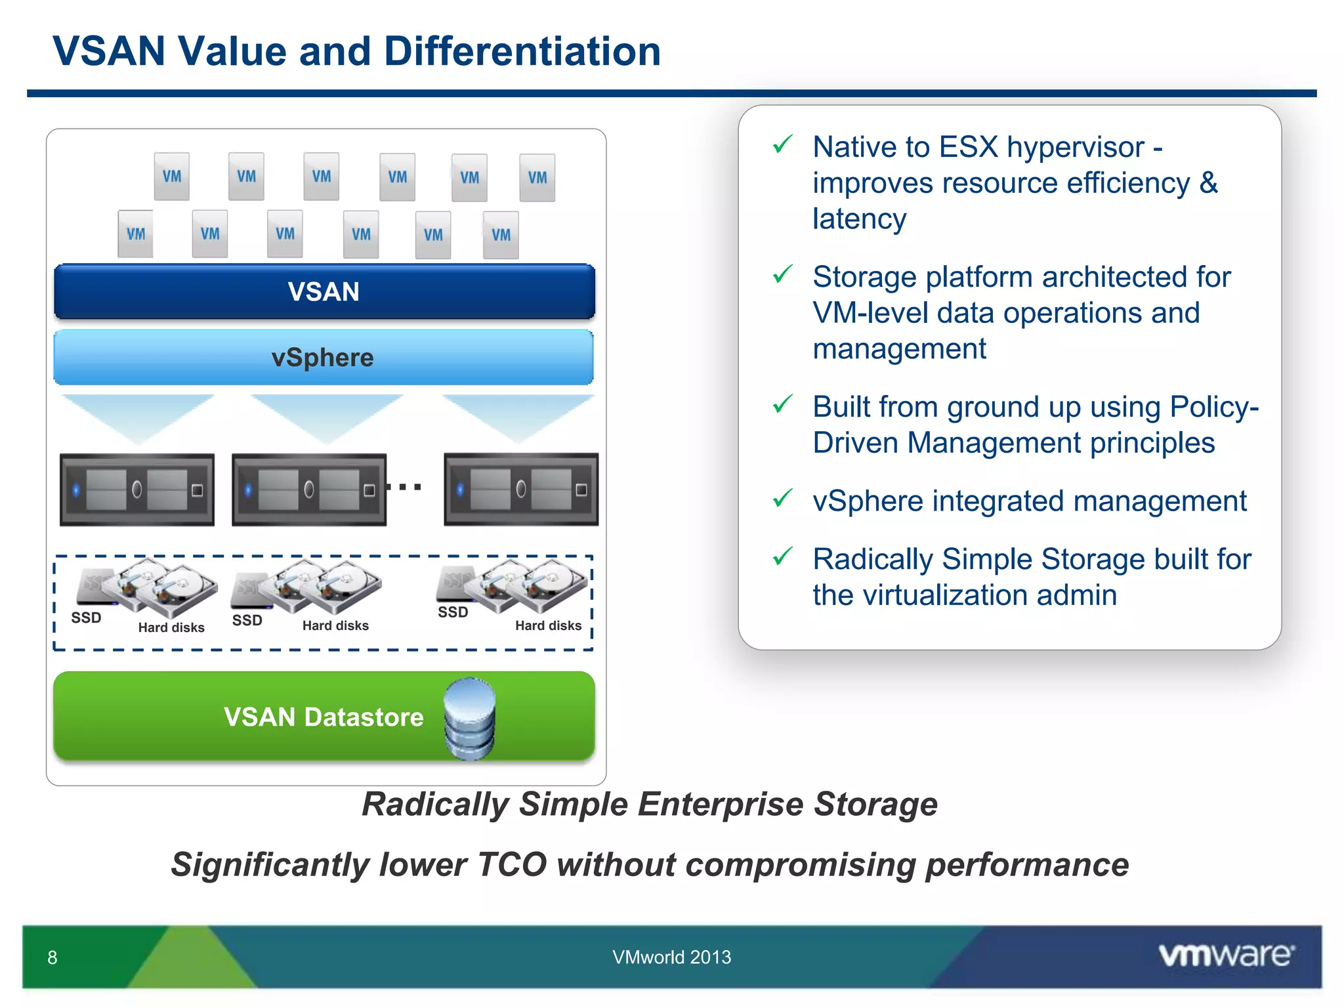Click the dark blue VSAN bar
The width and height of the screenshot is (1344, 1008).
324,292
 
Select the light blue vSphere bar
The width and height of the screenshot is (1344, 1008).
323,358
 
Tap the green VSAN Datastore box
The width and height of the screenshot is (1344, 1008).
262,717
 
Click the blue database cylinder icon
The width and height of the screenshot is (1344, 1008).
469,719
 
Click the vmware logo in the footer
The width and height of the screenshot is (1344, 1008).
1226,955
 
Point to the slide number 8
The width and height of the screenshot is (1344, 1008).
52,957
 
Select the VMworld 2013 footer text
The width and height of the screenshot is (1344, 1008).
671,957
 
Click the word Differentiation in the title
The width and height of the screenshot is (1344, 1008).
522,51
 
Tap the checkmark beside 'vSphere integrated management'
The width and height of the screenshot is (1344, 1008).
782,499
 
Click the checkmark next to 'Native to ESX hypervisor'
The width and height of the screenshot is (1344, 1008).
782,144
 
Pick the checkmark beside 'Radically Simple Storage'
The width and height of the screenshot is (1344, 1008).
782,557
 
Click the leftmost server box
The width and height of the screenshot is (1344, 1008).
137,490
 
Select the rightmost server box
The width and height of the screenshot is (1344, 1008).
521,490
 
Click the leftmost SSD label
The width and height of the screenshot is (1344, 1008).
86,618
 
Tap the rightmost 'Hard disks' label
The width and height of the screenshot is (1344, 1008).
548,625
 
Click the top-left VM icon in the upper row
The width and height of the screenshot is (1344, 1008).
172,177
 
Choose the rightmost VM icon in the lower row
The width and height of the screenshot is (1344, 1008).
501,235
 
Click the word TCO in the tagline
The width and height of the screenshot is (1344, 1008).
512,864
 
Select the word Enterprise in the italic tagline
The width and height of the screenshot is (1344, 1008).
721,804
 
